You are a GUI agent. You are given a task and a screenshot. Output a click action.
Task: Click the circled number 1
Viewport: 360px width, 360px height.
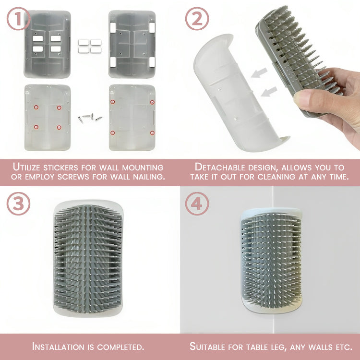click(x=18, y=19)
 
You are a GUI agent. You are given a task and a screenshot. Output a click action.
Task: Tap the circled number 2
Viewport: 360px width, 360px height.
click(x=197, y=19)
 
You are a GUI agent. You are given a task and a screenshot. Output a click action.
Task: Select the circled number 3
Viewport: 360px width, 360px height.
click(x=18, y=204)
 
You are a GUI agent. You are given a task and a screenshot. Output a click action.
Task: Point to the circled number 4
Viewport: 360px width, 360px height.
click(x=197, y=204)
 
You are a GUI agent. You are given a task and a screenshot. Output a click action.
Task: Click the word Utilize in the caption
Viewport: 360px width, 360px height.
click(x=27, y=167)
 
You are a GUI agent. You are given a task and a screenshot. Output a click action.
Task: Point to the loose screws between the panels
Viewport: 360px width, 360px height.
click(x=90, y=118)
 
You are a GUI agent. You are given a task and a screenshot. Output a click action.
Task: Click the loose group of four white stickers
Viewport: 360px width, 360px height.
click(x=90, y=46)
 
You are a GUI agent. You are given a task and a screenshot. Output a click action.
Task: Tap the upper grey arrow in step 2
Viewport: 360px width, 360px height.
click(x=259, y=72)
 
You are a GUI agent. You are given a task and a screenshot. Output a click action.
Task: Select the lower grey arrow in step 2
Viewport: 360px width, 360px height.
click(x=269, y=91)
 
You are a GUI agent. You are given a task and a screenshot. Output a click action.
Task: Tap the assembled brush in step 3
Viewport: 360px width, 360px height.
click(x=88, y=259)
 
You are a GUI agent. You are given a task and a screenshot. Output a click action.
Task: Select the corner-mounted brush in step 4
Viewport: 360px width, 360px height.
click(x=271, y=261)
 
